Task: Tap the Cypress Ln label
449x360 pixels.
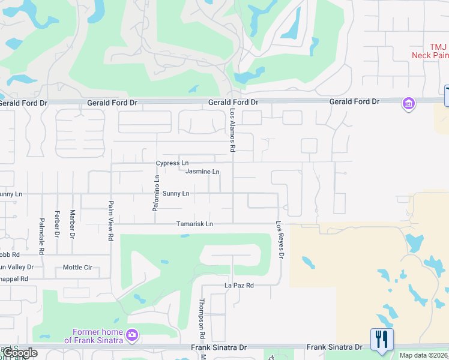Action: [172, 163]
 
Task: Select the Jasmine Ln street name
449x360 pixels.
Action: [202, 172]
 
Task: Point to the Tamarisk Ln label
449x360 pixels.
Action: [194, 224]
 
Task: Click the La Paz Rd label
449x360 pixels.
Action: [240, 286]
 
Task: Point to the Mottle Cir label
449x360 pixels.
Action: [77, 268]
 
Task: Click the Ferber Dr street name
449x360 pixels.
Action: [57, 223]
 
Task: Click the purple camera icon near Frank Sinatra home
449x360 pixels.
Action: [133, 334]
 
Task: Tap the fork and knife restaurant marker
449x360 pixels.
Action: [382, 340]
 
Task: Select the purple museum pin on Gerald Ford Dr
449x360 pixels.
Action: [409, 104]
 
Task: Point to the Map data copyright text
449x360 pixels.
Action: [423, 355]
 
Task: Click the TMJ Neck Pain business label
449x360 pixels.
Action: [430, 51]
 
